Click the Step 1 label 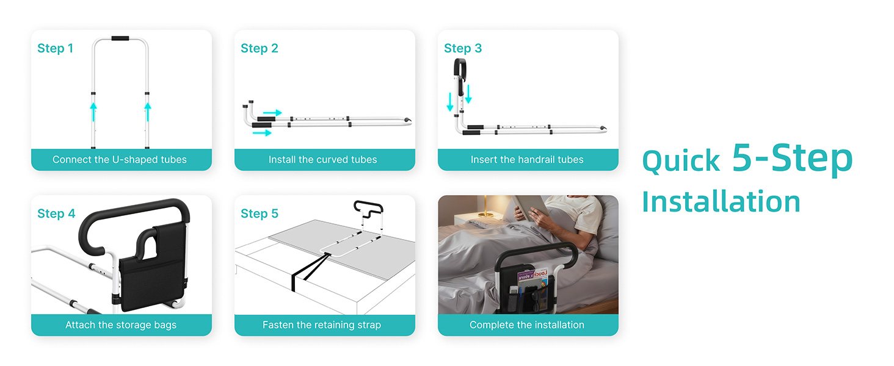tap(55, 48)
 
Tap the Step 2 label tap(259, 48)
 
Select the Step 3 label tap(462, 48)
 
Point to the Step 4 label tap(56, 213)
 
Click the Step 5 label tap(259, 213)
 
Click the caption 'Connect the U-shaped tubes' tap(120, 159)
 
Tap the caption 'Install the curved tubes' tap(322, 159)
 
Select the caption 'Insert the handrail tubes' tap(527, 159)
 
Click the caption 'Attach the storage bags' tap(121, 325)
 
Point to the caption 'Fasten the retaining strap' tap(322, 325)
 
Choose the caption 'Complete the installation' tap(527, 325)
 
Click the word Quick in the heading tap(681, 161)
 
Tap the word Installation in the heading tap(721, 202)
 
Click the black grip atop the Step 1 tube tap(120, 38)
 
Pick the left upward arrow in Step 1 tap(93, 112)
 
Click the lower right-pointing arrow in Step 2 tap(262, 133)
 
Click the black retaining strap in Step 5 tap(310, 271)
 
